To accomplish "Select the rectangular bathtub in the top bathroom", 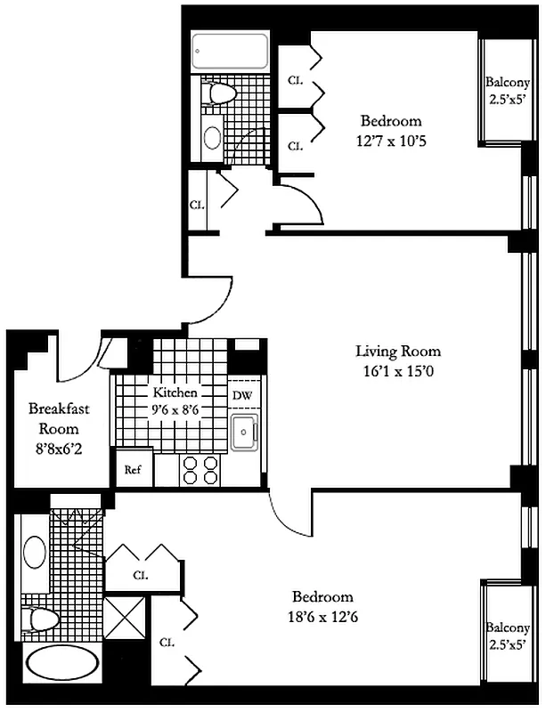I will click(x=231, y=51).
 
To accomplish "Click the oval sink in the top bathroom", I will click(x=212, y=136).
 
